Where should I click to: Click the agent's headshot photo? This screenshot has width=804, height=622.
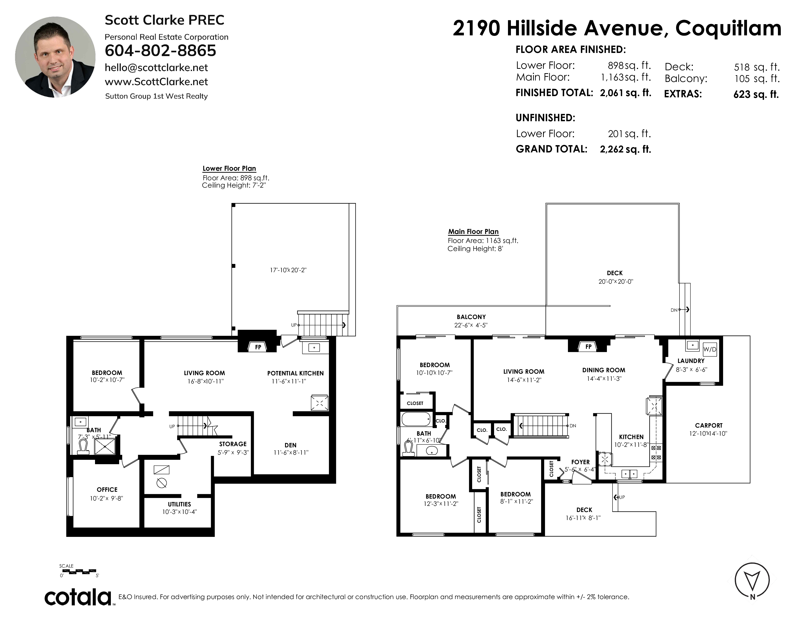pos(55,57)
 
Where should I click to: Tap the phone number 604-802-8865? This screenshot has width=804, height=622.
pos(161,50)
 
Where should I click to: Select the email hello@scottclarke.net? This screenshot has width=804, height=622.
pos(156,68)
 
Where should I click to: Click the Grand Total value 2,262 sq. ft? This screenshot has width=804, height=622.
pos(625,149)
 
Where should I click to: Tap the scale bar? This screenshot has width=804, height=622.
pos(79,572)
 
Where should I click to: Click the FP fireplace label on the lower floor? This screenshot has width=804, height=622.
pos(258,347)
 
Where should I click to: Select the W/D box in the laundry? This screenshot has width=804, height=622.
pos(710,349)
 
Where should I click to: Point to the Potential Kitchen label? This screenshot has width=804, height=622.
pos(295,373)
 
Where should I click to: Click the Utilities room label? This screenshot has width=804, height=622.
pos(180,504)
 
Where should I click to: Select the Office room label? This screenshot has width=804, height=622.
pos(107,490)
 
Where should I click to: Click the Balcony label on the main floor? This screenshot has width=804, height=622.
pos(471,317)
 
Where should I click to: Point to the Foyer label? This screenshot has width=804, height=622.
pos(581,462)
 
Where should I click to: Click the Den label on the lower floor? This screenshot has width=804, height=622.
pos(290,445)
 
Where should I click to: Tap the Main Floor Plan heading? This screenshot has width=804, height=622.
pos(473,232)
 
